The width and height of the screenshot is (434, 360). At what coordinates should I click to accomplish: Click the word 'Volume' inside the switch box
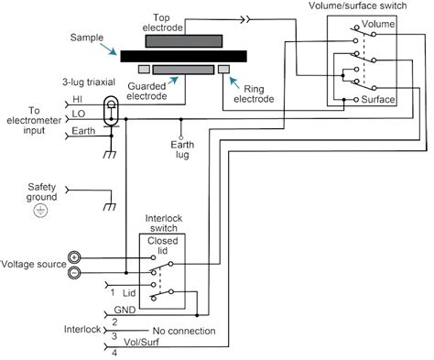(379, 23)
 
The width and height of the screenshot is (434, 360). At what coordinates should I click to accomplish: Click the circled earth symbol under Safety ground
(39, 211)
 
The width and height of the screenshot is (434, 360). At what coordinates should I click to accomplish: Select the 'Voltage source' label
(30, 264)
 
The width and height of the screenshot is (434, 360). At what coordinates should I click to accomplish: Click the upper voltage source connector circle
(75, 257)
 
